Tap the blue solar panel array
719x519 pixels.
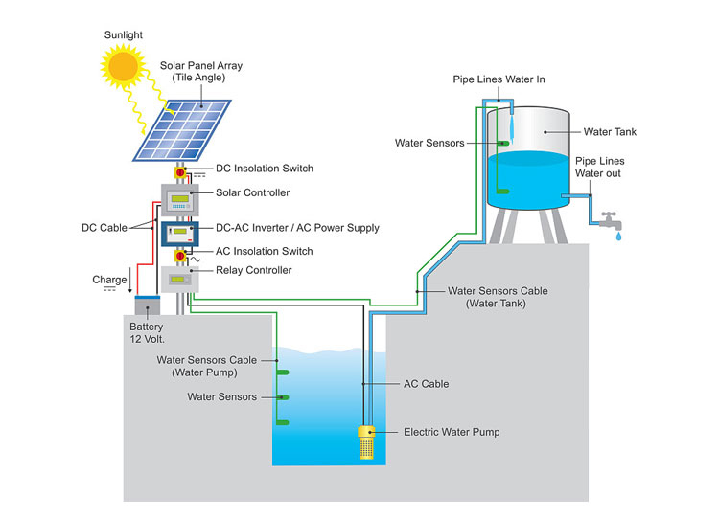(182, 129)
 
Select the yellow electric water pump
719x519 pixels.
(366, 441)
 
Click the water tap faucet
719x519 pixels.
(608, 218)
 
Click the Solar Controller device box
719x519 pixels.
(178, 198)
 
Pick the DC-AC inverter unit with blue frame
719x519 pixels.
(178, 233)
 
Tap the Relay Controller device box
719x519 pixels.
(178, 280)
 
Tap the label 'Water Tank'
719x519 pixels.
(610, 132)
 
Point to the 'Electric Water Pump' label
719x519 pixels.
(451, 432)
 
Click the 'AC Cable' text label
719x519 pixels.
(427, 384)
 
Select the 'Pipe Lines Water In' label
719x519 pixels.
(499, 79)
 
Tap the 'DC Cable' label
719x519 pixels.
(104, 228)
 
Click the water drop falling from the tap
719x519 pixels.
(618, 235)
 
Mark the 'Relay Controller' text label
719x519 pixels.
(254, 270)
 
